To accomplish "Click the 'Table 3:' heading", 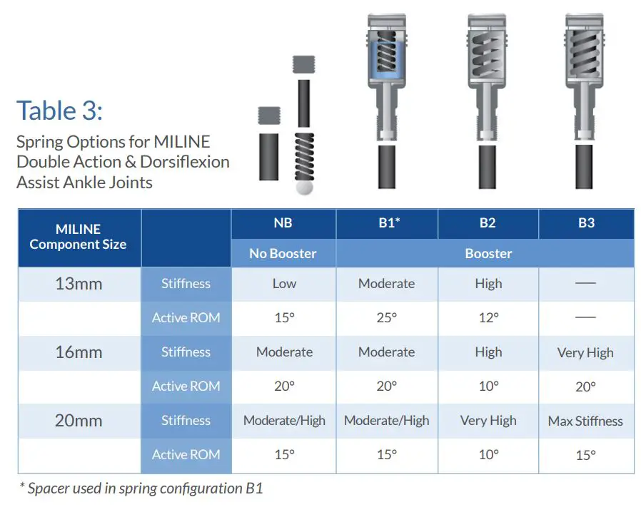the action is (59, 111).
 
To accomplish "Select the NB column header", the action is (283, 223).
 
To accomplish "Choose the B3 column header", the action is (586, 223).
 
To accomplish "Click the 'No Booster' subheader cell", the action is (283, 253).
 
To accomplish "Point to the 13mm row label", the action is (79, 284).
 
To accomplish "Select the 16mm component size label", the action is (79, 352).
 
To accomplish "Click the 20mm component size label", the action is (79, 421).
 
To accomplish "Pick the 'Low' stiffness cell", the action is (285, 284).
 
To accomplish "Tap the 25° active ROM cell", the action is (387, 317).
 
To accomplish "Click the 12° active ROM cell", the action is (489, 317).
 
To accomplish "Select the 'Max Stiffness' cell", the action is (585, 421).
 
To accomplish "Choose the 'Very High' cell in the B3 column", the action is (585, 352).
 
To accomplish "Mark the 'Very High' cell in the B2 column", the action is (488, 421).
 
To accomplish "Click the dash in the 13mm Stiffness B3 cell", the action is (585, 282).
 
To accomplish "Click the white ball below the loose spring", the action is (304, 188).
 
